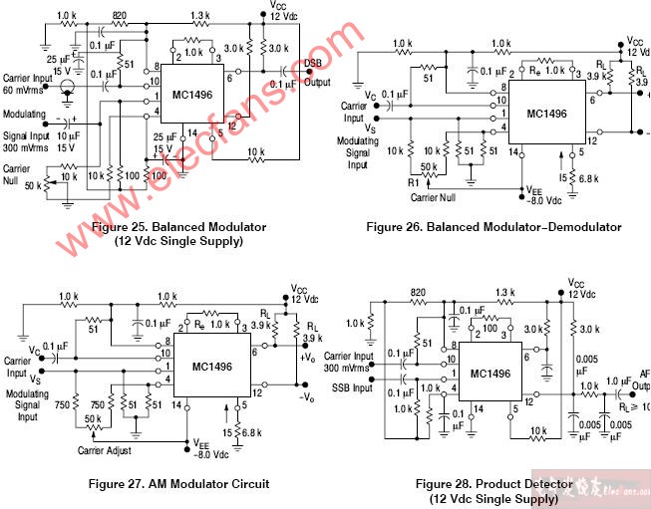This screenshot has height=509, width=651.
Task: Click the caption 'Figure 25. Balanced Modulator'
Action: pyautogui.click(x=177, y=227)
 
